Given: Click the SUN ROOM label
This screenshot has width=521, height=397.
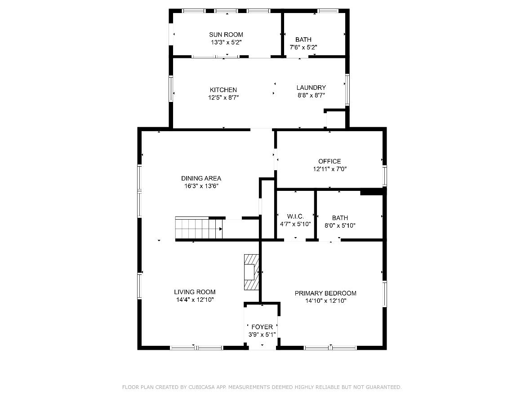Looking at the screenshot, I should (x=226, y=35).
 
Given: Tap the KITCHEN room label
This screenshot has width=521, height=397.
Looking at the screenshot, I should (x=223, y=90).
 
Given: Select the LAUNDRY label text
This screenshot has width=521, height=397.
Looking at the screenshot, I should (x=311, y=88).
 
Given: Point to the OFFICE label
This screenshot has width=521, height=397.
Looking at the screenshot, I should (x=330, y=161).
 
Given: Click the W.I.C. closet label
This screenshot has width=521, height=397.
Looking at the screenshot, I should (x=295, y=216).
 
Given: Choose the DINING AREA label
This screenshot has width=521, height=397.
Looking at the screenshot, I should (x=201, y=178).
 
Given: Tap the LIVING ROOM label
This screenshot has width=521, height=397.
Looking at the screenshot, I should (x=195, y=292).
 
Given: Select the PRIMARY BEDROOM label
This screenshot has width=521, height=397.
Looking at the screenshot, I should (x=325, y=293).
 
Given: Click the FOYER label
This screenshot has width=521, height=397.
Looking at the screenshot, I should (x=262, y=327).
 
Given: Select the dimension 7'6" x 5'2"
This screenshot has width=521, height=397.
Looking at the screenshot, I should (x=303, y=47).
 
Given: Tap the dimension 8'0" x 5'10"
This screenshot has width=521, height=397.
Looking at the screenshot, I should (x=340, y=225).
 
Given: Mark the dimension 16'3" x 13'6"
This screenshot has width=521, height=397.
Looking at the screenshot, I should (x=201, y=186).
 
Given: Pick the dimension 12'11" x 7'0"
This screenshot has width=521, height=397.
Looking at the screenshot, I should (x=330, y=169).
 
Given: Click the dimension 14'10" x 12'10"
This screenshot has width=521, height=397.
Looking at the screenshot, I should (x=325, y=301).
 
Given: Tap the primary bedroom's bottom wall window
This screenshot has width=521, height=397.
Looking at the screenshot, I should (x=330, y=347).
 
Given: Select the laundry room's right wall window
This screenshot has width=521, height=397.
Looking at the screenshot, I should (x=347, y=90).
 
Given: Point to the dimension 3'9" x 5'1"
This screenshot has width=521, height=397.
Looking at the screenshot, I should (x=262, y=335).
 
